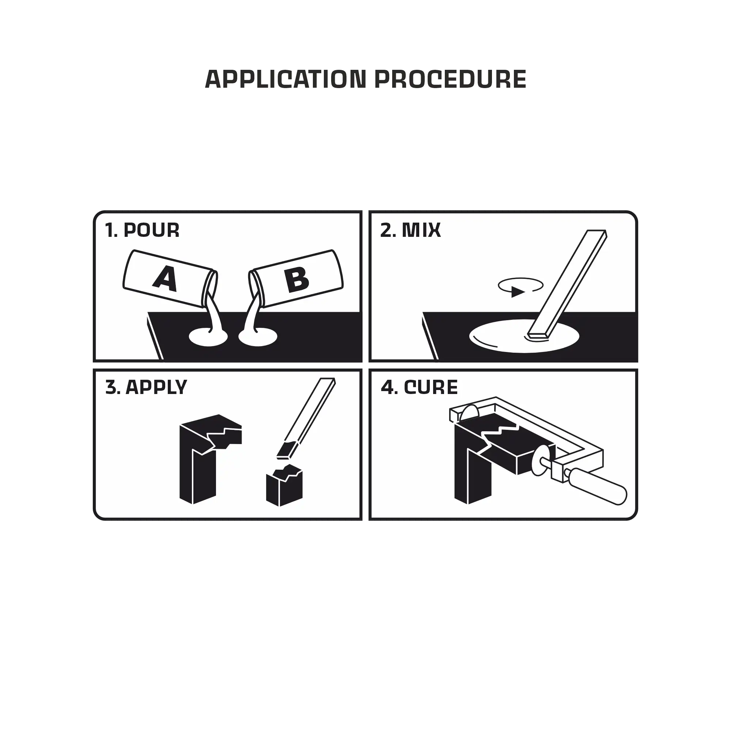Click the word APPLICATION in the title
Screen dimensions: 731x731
coord(286,79)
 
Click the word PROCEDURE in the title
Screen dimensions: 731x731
coord(451,79)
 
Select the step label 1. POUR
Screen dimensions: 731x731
coord(142,230)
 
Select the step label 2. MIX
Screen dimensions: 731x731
coord(410,230)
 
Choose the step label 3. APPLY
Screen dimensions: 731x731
coord(146,387)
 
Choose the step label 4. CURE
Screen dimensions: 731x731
coord(419,387)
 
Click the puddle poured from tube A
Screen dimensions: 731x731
coord(208,337)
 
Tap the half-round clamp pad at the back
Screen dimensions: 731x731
coord(469,412)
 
